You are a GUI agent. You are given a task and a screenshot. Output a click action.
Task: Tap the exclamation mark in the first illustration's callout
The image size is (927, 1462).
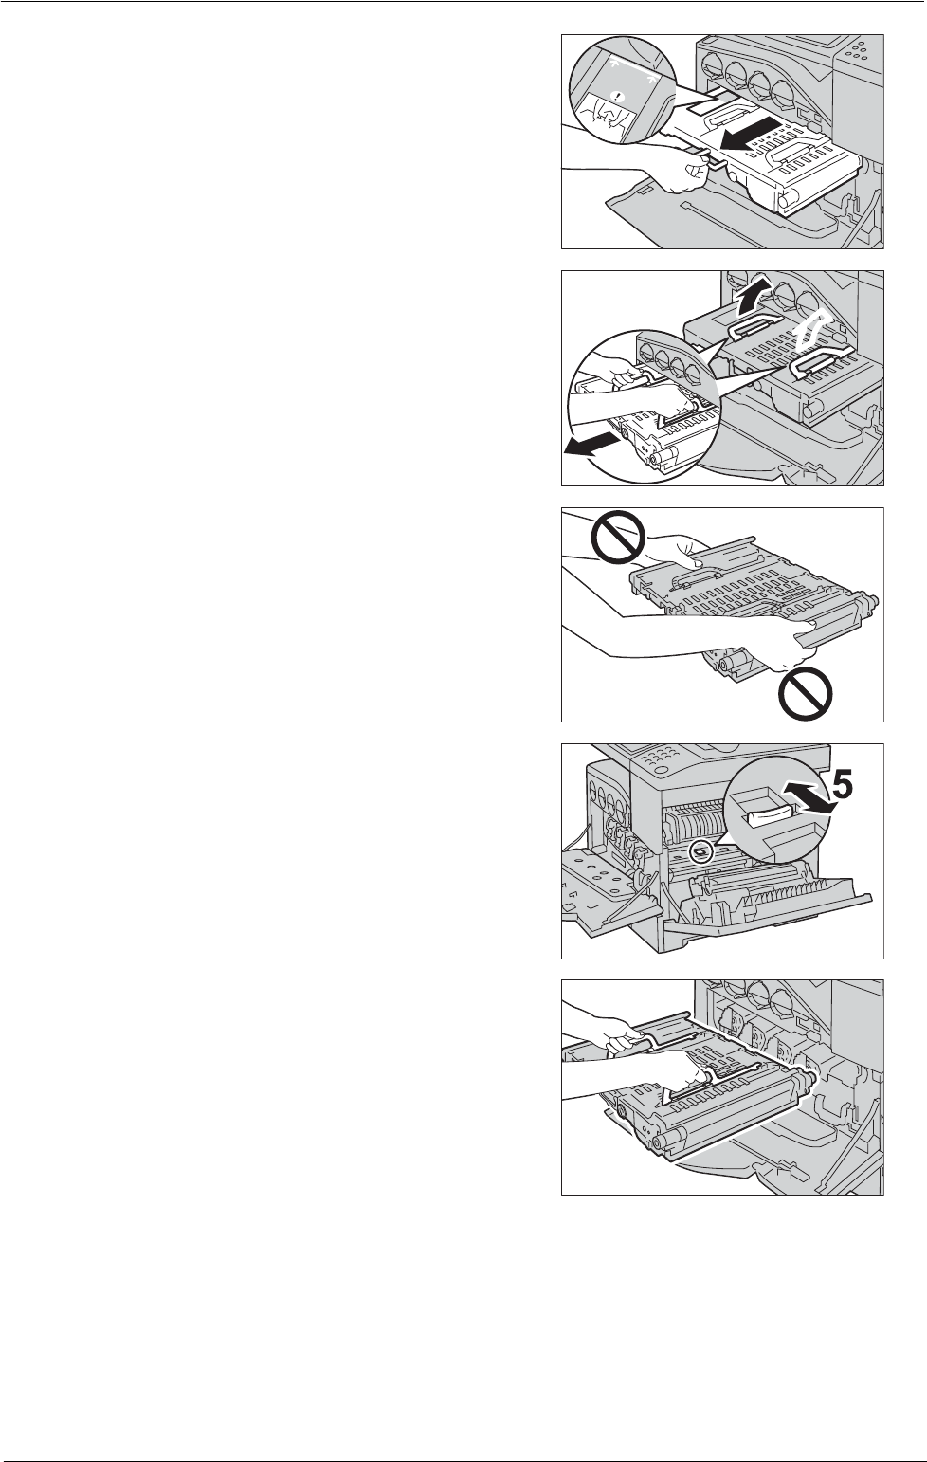coord(617,95)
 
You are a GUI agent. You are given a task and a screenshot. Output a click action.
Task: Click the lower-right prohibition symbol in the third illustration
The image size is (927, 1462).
coord(806,697)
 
